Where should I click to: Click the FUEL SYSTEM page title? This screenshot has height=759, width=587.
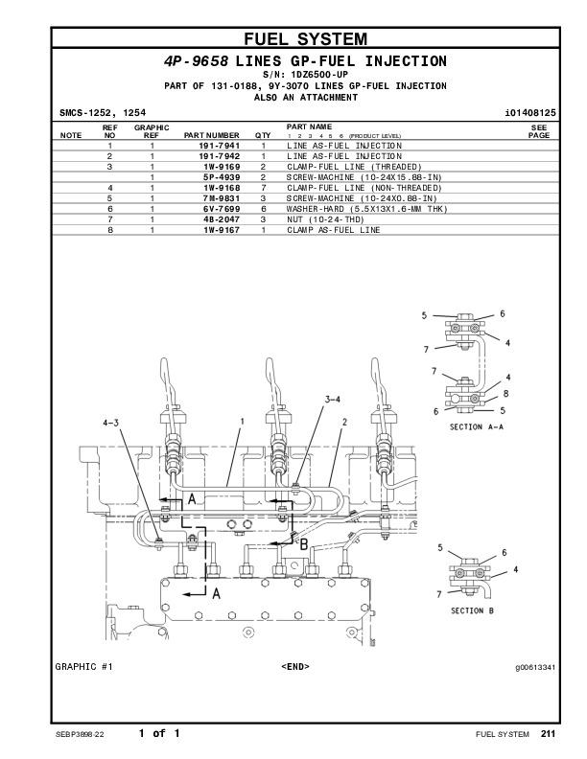[x=305, y=39]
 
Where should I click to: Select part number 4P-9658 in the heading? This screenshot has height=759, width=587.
[x=196, y=61]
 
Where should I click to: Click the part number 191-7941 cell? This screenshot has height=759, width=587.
[x=219, y=146]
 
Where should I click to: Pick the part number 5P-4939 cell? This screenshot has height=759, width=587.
[x=221, y=177]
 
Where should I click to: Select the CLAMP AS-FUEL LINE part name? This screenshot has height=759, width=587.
[x=333, y=230]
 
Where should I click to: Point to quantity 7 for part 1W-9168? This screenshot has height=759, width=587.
[x=263, y=188]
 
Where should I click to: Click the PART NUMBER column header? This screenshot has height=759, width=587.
[x=212, y=135]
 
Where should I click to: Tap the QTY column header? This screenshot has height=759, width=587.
[x=263, y=135]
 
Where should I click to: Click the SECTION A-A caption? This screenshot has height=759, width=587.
[x=477, y=426]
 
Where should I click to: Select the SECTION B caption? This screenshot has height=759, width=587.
[x=472, y=610]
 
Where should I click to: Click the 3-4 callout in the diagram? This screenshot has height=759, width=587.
[x=332, y=399]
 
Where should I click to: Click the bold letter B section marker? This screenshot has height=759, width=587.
[x=303, y=544]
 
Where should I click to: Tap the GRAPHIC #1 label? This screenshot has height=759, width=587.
[x=83, y=666]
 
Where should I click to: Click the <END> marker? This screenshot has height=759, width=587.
[x=294, y=666]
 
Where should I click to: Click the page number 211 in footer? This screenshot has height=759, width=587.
[x=547, y=734]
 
